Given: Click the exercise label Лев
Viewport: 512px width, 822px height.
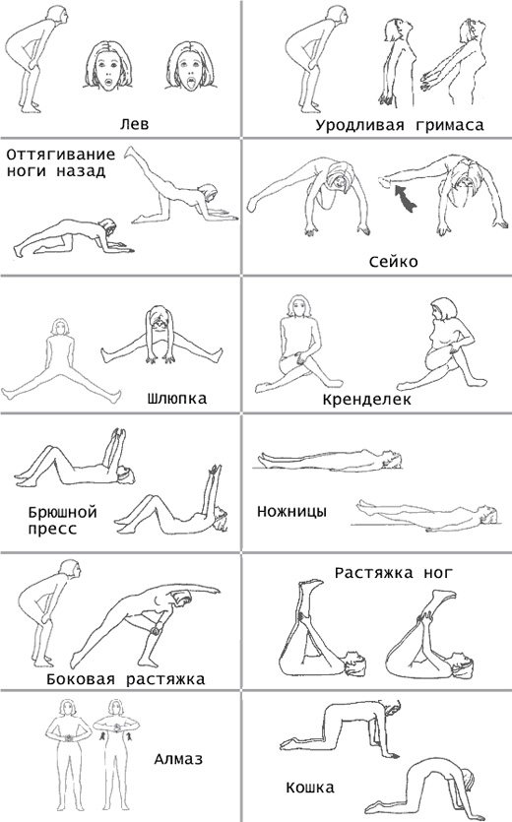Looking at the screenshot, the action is [x=134, y=124].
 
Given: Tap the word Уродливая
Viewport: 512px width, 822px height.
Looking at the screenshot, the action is [x=359, y=126].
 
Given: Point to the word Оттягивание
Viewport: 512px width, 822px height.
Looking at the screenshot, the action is [x=61, y=155].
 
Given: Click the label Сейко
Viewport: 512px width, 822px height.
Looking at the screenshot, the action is [x=394, y=262].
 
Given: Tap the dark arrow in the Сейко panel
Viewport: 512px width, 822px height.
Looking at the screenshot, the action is [x=405, y=198].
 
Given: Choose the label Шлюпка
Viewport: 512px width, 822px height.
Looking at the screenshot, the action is [x=177, y=399].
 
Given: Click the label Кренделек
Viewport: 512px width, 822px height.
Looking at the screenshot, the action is [x=366, y=400].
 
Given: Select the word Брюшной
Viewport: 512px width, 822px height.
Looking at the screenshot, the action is [x=62, y=512].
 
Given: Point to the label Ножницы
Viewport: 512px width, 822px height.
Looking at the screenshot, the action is [x=291, y=511].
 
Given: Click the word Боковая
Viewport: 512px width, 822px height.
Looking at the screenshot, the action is [x=81, y=679].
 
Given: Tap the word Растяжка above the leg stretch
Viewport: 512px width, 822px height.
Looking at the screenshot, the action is [x=373, y=573].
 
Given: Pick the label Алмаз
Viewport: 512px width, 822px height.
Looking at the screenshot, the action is [x=178, y=759].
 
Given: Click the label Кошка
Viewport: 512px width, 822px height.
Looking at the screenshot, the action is [x=310, y=788].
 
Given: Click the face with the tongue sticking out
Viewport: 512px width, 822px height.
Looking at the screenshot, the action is [x=190, y=67].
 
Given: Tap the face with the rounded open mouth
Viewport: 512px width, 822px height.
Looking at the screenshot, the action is [x=108, y=67].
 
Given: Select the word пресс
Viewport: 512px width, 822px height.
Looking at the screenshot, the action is [x=52, y=529].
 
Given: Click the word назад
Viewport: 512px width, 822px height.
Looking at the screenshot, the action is [x=81, y=171].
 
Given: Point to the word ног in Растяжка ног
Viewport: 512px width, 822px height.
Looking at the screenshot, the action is [x=437, y=573].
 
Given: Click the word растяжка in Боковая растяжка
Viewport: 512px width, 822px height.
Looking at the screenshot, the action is [x=165, y=680].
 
